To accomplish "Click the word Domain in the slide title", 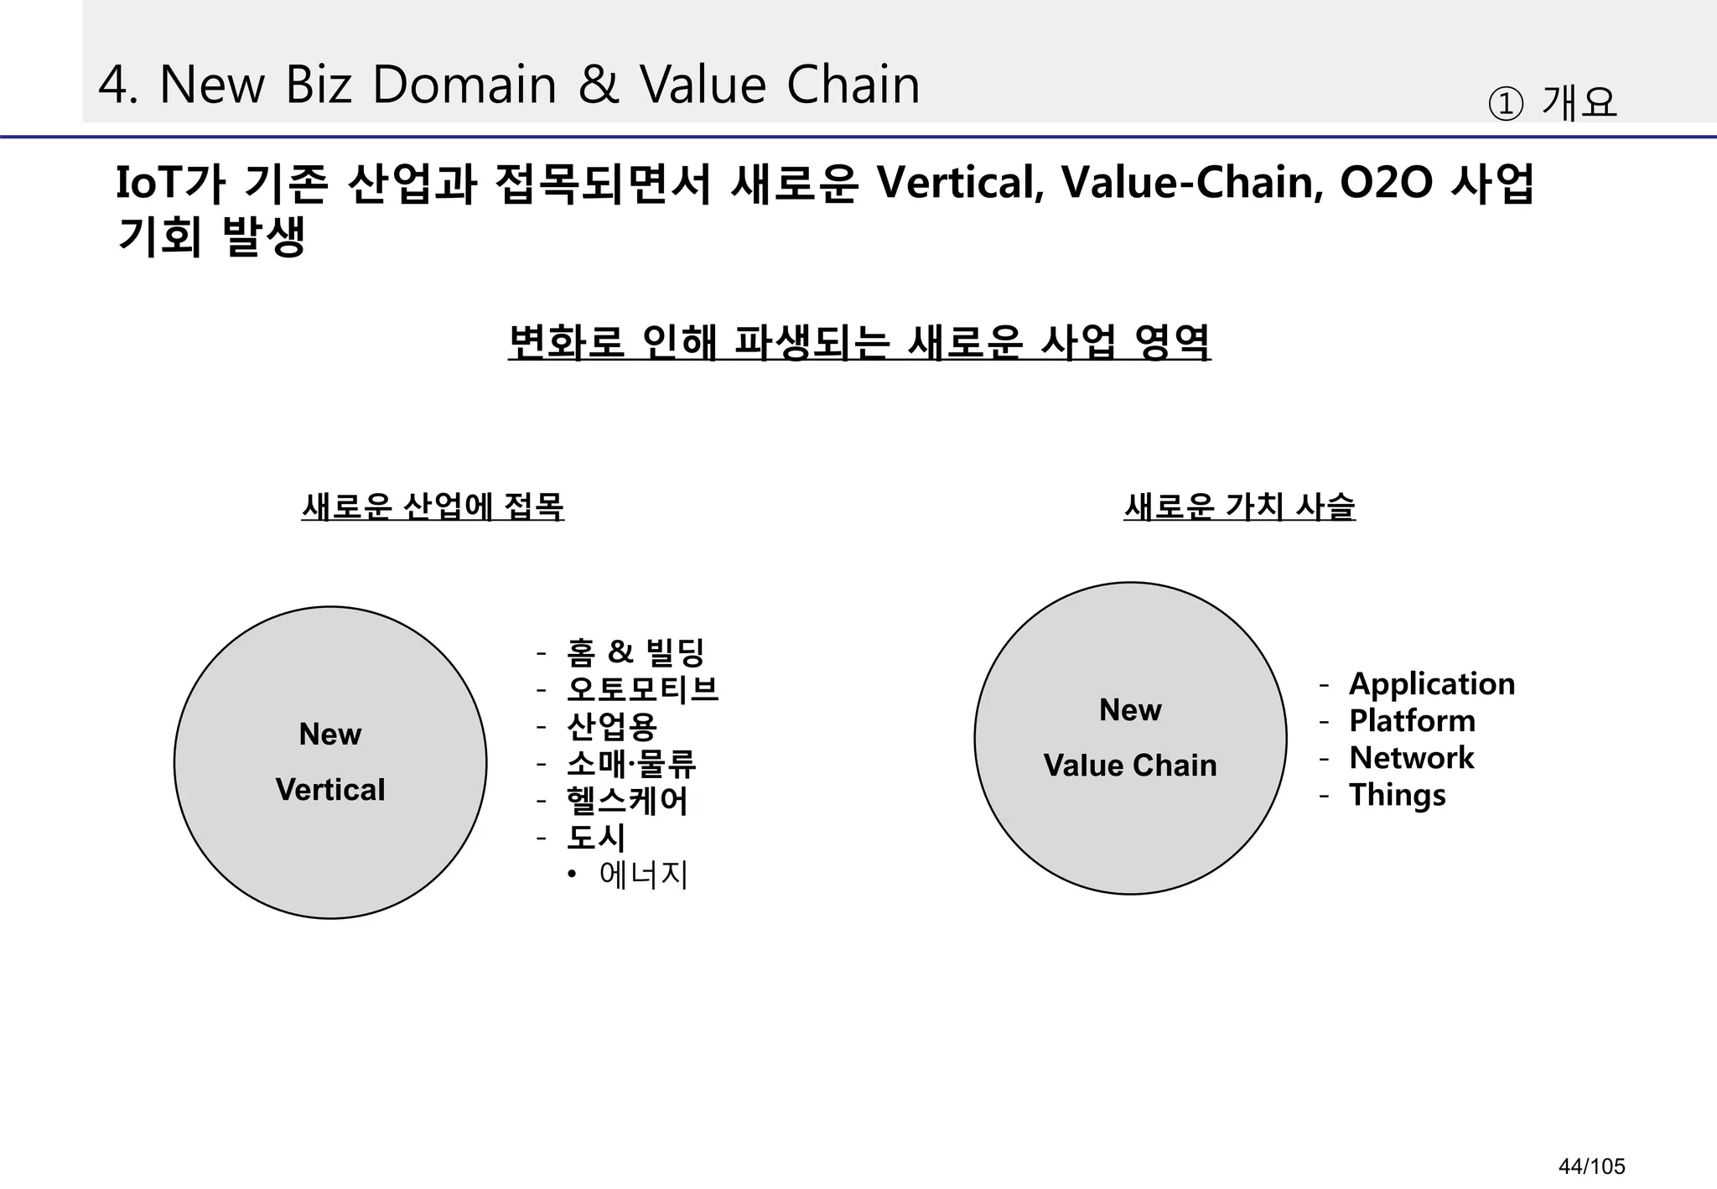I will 464,85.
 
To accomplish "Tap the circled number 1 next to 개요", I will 1505,105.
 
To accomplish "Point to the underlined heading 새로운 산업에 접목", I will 433,506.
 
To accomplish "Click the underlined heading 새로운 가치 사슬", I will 1239,506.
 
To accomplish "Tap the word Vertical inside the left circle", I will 330,790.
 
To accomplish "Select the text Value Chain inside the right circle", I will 1130,766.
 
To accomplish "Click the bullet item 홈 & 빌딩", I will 635,652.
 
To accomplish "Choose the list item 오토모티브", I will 643,689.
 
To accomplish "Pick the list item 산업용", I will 612,726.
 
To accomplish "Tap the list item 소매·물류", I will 631,763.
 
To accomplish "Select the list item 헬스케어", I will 627,801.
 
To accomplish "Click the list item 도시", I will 596,838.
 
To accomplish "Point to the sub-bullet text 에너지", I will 644,875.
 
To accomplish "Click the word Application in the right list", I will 1432,684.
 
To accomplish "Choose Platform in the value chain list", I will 1412,721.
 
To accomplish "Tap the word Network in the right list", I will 1411,758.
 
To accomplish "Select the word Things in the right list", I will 1398,795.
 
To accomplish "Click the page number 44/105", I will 1591,1166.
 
